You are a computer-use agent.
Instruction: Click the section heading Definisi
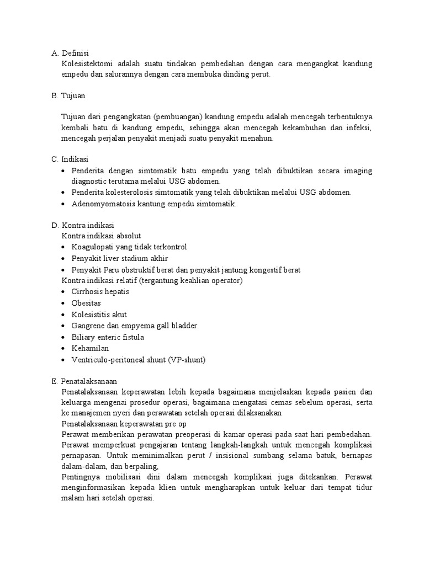(75, 53)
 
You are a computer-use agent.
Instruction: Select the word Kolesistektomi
(87, 64)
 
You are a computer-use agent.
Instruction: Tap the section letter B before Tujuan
(55, 95)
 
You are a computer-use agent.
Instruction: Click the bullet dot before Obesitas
(65, 303)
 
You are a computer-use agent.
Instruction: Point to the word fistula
(132, 337)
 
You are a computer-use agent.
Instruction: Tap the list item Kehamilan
(90, 348)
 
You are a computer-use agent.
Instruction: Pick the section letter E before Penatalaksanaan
(55, 381)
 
